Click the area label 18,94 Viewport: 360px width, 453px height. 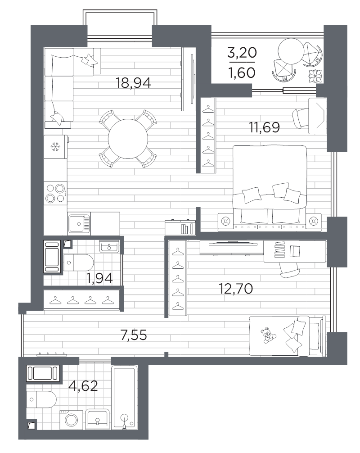coord(133,83)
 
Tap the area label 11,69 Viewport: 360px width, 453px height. coord(265,127)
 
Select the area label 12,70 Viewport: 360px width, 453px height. coord(236,288)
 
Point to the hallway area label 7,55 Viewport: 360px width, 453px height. coord(134,335)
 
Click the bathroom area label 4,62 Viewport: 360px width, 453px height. coord(83,386)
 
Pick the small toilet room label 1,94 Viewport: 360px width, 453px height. coord(99,278)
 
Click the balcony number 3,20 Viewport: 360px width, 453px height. coord(242,53)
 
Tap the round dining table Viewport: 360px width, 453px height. coord(128,139)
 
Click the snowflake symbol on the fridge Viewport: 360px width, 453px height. coord(55,147)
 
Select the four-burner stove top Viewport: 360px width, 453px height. coord(55,193)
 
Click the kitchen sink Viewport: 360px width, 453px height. coord(79,223)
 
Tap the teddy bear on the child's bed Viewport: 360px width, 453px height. coord(268,335)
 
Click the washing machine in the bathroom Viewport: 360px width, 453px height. coord(71,420)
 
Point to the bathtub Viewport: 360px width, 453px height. coord(125,397)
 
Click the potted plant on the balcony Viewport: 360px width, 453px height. coord(315,76)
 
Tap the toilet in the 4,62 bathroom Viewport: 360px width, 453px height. coord(41,399)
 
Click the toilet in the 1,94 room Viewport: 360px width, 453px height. coord(78,263)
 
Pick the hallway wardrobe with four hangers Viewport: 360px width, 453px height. coord(82,300)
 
